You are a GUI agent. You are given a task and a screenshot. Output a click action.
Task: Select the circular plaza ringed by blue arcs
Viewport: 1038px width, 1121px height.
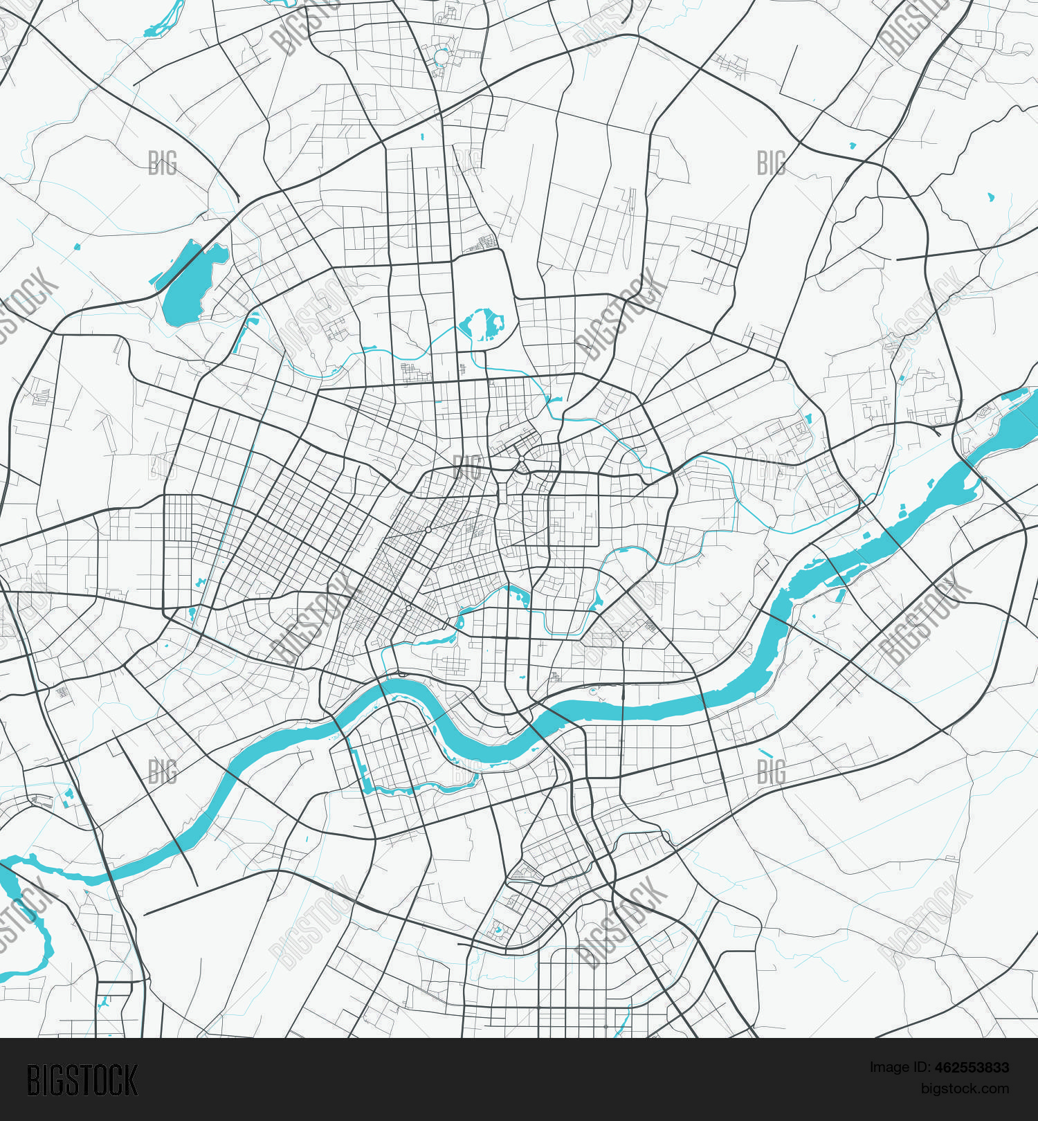[441, 57]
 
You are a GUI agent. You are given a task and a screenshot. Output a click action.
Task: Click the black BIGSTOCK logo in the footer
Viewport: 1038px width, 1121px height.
[82, 1080]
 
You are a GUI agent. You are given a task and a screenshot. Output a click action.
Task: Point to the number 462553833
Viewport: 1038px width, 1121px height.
[972, 1068]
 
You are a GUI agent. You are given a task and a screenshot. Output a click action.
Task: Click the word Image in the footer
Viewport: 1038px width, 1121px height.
[888, 1068]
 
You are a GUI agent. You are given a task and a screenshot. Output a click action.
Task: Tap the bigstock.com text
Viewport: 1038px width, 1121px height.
[965, 1088]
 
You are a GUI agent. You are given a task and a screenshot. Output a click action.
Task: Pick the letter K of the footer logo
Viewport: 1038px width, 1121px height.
[129, 1080]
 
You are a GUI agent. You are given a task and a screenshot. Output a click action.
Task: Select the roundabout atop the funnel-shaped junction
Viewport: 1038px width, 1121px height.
[521, 458]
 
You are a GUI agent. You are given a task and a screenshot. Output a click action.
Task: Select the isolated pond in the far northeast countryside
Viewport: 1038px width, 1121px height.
[991, 197]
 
